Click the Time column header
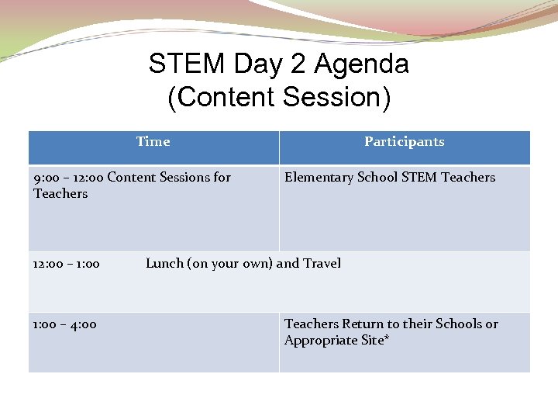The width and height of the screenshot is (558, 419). [x=153, y=141]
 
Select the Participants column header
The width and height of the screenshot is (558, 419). [x=404, y=141]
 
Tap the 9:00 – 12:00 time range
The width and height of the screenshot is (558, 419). [x=68, y=177]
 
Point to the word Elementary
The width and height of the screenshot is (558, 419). [x=319, y=177]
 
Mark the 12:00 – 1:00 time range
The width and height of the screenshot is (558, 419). [x=66, y=264]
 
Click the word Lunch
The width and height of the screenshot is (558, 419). [x=164, y=263]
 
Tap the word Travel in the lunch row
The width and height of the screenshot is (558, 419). [x=322, y=263]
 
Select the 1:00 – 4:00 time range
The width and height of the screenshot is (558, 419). [x=64, y=324]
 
